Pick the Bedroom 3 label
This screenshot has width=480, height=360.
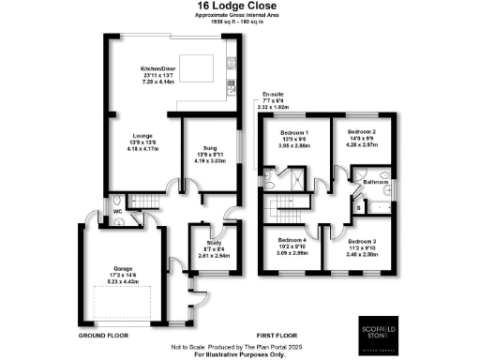click(363, 241)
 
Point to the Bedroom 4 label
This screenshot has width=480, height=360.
click(290, 241)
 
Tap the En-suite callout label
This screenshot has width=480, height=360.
click(274, 94)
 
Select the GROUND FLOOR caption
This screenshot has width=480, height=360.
click(102, 333)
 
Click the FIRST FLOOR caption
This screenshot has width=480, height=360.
click(281, 333)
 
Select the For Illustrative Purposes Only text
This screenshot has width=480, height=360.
click(240, 355)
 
